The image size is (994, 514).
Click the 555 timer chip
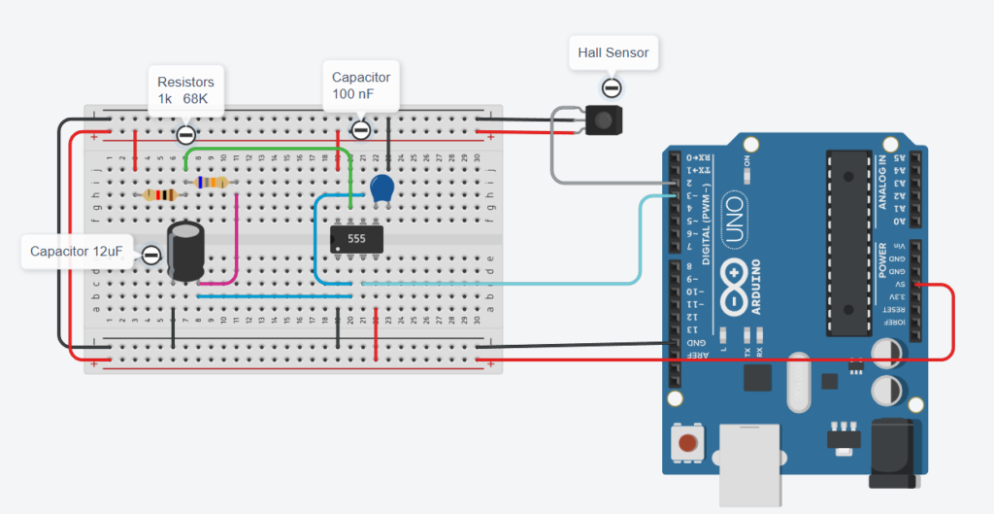tap(355, 238)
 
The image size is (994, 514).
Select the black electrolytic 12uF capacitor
tap(185, 252)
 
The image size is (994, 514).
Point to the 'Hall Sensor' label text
tap(613, 51)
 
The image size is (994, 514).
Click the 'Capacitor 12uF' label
tap(76, 252)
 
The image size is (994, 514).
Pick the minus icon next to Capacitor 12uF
tap(151, 256)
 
